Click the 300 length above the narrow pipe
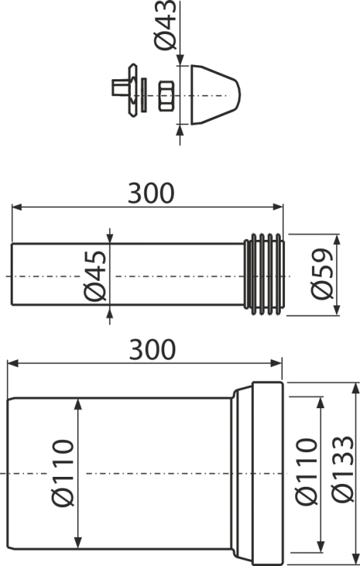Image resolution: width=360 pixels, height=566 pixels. coord(150,193)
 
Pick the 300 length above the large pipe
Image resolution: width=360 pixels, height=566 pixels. coord(150,350)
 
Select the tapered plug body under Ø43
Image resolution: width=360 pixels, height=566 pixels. coord(213,96)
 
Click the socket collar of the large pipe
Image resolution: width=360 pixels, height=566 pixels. coord(268,473)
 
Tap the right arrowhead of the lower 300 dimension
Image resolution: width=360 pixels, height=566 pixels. coord(280,364)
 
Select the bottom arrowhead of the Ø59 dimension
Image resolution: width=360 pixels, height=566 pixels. coord(337,310)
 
